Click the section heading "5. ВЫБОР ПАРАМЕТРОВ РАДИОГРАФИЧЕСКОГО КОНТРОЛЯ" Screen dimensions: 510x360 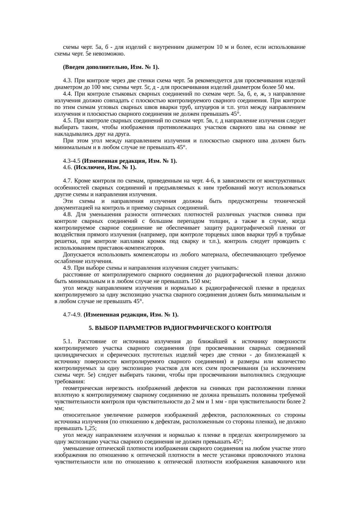180,328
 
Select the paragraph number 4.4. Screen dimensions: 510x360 67,94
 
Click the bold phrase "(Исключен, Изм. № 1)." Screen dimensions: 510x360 105,168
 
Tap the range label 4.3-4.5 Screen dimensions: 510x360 71,161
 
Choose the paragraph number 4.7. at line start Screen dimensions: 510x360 67,181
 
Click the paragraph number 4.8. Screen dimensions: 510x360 67,214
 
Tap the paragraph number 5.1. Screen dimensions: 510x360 67,341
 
